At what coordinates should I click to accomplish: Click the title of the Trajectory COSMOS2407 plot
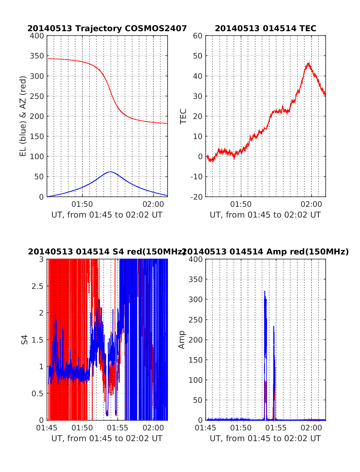pyautogui.click(x=107, y=28)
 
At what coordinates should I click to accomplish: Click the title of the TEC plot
pyautogui.click(x=265, y=28)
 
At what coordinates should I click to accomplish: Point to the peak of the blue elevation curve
pyautogui.click(x=110, y=172)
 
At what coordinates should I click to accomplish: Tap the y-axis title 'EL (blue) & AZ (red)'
pyautogui.click(x=23, y=116)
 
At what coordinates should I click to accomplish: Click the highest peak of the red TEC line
pyautogui.click(x=308, y=63)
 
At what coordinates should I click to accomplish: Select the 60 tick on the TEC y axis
pyautogui.click(x=198, y=36)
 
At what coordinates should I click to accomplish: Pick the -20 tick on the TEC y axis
pyautogui.click(x=196, y=197)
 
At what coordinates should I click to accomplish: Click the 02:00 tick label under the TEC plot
pyautogui.click(x=311, y=204)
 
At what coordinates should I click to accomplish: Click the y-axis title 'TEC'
pyautogui.click(x=183, y=116)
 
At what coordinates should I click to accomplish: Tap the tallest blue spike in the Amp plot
pyautogui.click(x=265, y=291)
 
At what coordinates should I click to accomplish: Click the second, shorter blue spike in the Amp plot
pyautogui.click(x=274, y=326)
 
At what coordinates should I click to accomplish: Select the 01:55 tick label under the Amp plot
pyautogui.click(x=276, y=428)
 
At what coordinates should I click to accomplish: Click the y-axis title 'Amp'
pyautogui.click(x=182, y=340)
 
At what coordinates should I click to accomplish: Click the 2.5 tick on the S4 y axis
pyautogui.click(x=37, y=286)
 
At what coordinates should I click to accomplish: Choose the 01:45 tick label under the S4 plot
pyautogui.click(x=47, y=428)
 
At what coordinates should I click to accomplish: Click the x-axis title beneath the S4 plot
pyautogui.click(x=107, y=438)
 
